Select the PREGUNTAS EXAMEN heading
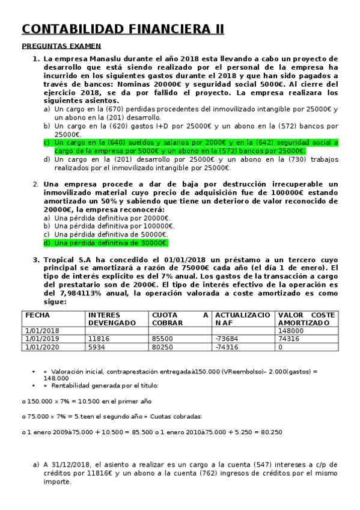61,46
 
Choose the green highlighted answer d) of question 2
106,243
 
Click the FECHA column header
38,315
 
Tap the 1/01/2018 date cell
43,331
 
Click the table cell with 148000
291,331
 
